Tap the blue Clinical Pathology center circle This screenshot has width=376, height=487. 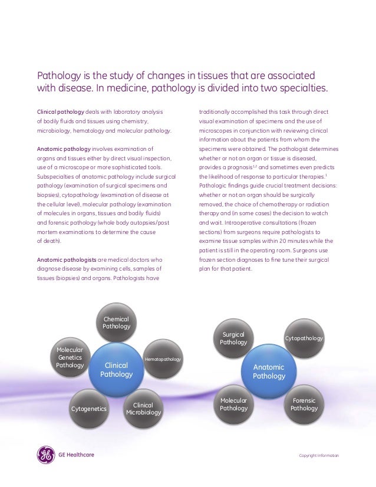point(117,370)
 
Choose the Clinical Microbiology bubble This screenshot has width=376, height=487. point(143,409)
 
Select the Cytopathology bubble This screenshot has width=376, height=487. point(304,338)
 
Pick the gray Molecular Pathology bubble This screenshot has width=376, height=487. point(233,404)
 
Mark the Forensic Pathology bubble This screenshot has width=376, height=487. point(304,404)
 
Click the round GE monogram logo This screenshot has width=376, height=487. point(47,455)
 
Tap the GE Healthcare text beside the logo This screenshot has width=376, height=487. point(76,455)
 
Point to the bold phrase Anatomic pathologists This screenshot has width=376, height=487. point(64,259)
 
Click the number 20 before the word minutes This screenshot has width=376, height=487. point(284,241)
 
